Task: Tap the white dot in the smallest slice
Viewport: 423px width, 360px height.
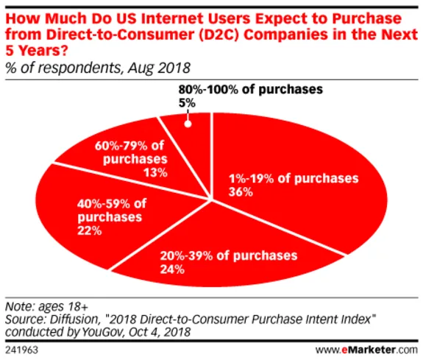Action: tap(188, 123)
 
